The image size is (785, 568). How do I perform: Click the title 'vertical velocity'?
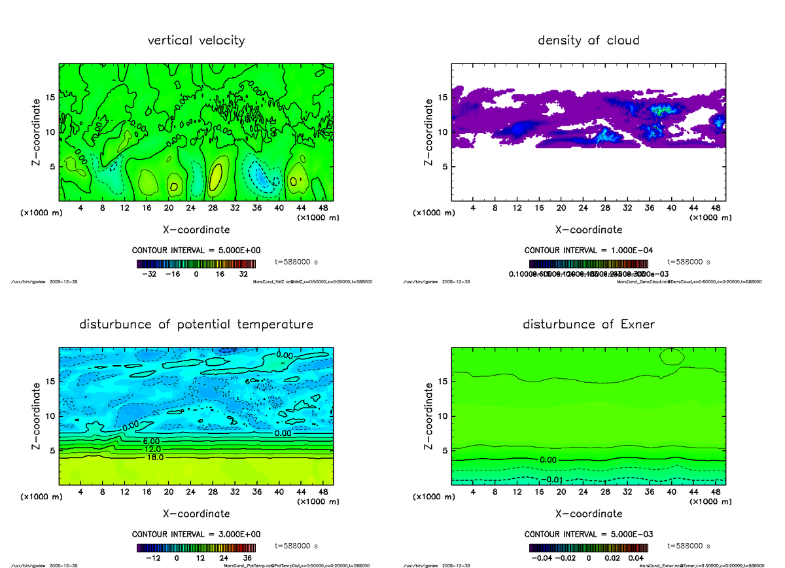click(196, 41)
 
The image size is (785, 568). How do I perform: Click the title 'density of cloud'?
click(588, 41)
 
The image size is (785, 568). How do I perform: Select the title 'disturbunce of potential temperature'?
click(196, 325)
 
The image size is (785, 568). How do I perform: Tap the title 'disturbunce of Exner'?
click(588, 325)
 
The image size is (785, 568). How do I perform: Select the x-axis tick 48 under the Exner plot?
click(716, 491)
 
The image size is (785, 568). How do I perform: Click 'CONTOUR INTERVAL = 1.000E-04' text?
click(588, 251)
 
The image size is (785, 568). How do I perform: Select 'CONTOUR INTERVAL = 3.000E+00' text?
click(196, 534)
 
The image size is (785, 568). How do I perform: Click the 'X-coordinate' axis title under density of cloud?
click(588, 230)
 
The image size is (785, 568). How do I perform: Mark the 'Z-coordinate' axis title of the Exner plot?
click(429, 416)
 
